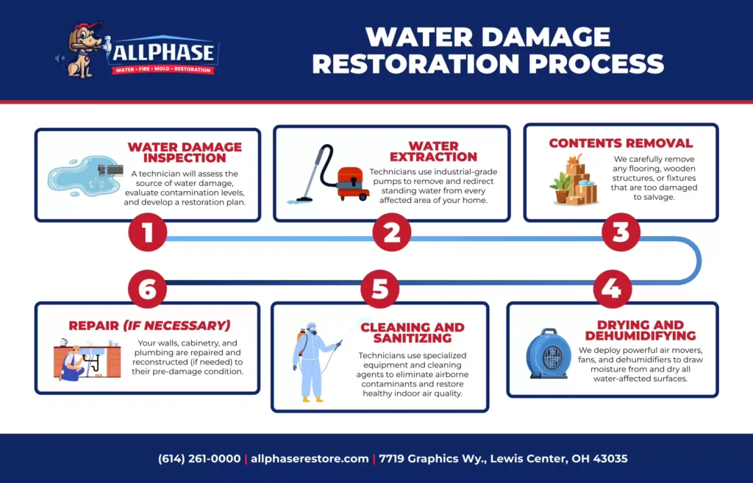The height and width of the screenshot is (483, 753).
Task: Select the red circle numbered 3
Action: pyautogui.click(x=621, y=232)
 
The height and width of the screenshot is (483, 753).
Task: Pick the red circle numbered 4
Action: pyautogui.click(x=611, y=289)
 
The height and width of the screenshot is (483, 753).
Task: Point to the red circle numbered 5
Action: pyautogui.click(x=379, y=289)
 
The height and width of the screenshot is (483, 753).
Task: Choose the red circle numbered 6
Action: pyautogui.click(x=148, y=289)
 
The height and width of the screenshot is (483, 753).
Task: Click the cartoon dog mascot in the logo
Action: pyautogui.click(x=80, y=50)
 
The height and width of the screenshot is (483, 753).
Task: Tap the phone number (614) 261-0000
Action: pyautogui.click(x=199, y=459)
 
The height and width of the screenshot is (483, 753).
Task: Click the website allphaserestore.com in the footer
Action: pyautogui.click(x=310, y=459)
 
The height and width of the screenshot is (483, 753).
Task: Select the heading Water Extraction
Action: pyautogui.click(x=433, y=151)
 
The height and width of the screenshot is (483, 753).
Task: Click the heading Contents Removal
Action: pyautogui.click(x=621, y=143)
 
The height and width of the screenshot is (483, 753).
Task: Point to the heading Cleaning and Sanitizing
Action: pyautogui.click(x=412, y=332)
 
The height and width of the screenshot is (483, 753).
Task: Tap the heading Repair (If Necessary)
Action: pyautogui.click(x=149, y=325)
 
